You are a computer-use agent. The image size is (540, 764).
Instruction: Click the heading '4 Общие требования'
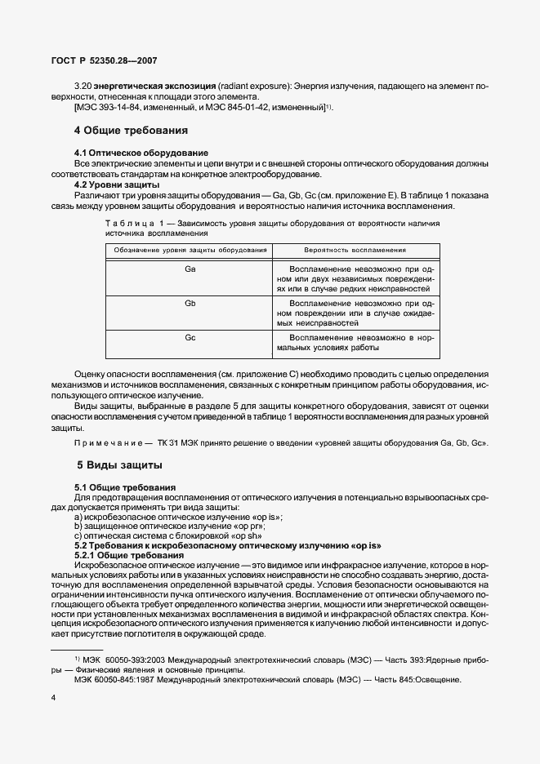coord(131,130)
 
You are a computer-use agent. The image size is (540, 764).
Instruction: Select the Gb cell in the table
coord(190,303)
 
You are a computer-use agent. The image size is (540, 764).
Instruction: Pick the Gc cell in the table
coord(190,337)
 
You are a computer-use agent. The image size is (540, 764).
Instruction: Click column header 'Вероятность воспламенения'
coord(355,250)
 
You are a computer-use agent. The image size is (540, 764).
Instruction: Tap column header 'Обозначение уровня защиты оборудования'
coord(190,250)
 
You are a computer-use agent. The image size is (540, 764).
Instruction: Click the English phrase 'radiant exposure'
coord(255,86)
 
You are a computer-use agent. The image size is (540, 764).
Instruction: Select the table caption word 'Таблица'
coord(131,222)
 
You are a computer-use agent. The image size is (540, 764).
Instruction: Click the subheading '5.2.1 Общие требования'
coord(127,555)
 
